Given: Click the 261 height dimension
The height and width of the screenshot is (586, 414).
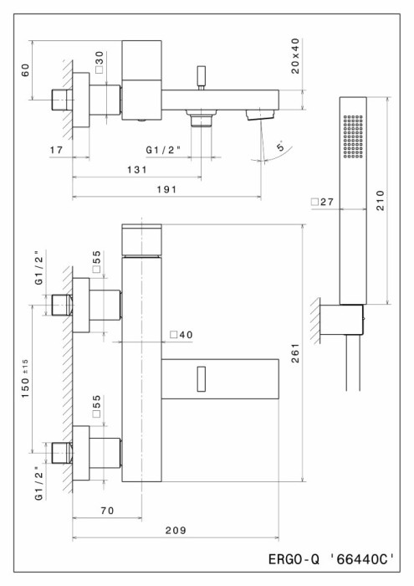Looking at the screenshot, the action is (296, 353).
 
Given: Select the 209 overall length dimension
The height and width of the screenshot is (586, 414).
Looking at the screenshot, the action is (176, 530).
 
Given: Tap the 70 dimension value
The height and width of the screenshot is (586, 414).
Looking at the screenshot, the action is (108, 511).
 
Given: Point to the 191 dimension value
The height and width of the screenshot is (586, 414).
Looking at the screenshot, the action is (167, 189).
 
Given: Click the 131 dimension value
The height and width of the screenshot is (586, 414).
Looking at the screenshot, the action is (137, 170).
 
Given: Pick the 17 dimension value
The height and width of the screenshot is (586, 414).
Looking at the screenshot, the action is (57, 150).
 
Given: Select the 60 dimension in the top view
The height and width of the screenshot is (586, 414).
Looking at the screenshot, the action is (25, 69).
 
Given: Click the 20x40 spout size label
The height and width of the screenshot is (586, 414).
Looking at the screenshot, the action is (296, 56).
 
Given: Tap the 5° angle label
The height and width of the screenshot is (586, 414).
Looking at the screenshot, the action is (281, 146).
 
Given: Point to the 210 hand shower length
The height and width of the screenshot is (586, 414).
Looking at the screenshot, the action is (380, 201).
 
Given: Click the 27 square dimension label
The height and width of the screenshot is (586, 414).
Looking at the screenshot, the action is (323, 203).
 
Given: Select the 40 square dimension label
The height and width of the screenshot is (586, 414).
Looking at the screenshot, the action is (181, 335).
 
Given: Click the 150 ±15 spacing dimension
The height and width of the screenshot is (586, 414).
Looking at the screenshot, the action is (25, 378).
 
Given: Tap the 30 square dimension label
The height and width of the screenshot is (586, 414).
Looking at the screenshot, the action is (99, 62).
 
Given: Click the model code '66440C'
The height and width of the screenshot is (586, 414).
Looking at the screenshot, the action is (362, 559).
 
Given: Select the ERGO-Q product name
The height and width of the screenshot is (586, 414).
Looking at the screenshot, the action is (294, 559).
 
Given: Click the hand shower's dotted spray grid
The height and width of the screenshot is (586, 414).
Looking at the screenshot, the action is (353, 136).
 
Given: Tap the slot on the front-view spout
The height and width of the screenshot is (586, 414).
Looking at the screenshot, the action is (202, 379).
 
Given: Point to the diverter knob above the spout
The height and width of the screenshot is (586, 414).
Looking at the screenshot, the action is (202, 78).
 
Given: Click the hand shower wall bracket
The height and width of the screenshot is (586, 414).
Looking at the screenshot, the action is (341, 320).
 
